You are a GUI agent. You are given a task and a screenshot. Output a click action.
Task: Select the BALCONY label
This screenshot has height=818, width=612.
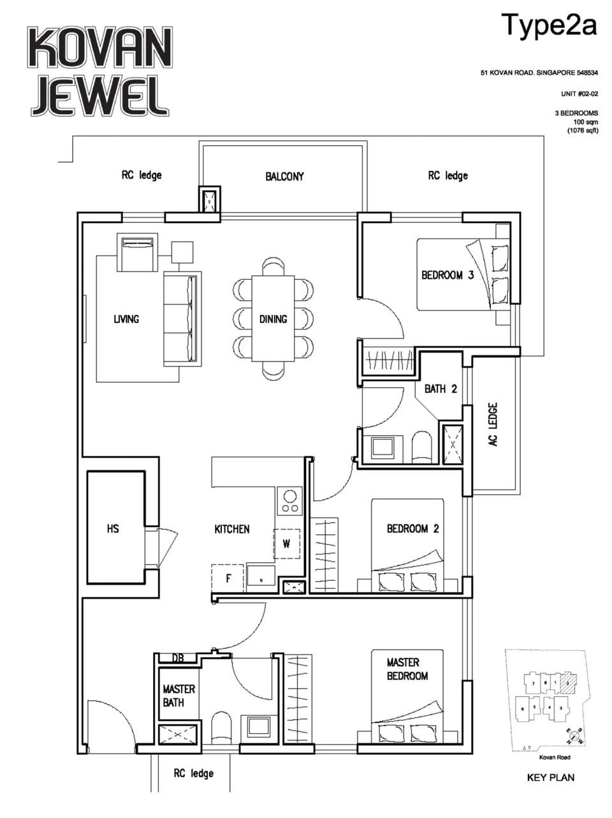[284, 177]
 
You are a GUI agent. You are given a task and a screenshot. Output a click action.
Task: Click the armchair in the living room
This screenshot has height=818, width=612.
[137, 252]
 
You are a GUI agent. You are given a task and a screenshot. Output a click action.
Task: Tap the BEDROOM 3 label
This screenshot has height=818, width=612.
[447, 275]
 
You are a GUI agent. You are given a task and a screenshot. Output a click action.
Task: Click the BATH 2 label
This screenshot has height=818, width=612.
[441, 388]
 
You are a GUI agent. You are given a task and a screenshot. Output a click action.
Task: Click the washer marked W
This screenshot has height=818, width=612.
[287, 544]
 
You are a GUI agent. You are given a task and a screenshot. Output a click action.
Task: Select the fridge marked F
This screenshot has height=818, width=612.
[228, 579]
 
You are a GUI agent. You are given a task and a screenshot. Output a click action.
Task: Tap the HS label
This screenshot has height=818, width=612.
[113, 529]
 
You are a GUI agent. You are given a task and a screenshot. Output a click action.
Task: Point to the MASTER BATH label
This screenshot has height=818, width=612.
[178, 696]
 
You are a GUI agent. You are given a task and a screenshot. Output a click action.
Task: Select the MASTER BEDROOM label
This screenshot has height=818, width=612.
[407, 669]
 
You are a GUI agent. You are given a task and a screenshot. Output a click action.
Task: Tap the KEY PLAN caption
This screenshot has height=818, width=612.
[550, 778]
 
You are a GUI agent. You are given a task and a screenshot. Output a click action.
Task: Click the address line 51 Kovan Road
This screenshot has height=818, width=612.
[539, 73]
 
